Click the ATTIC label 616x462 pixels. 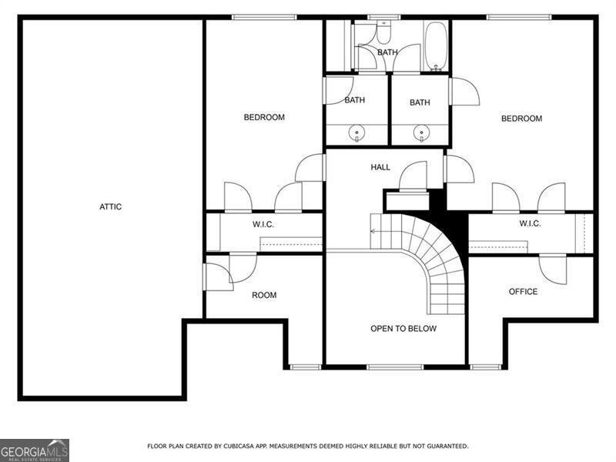(x=110, y=206)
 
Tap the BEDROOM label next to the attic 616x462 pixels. (x=264, y=118)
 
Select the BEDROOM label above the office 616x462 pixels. (x=521, y=119)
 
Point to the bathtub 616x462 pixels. (x=435, y=45)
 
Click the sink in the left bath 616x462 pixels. (x=357, y=134)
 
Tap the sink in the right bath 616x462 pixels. (x=420, y=134)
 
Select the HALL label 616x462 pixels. (x=380, y=167)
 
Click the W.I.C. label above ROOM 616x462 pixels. (x=263, y=224)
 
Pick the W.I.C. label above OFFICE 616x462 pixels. (x=530, y=223)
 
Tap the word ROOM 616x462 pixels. (x=264, y=295)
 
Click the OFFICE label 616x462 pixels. (x=523, y=292)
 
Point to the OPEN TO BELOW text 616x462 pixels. (x=403, y=329)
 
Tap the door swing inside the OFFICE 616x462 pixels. (x=552, y=268)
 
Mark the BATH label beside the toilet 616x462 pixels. (x=387, y=52)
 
